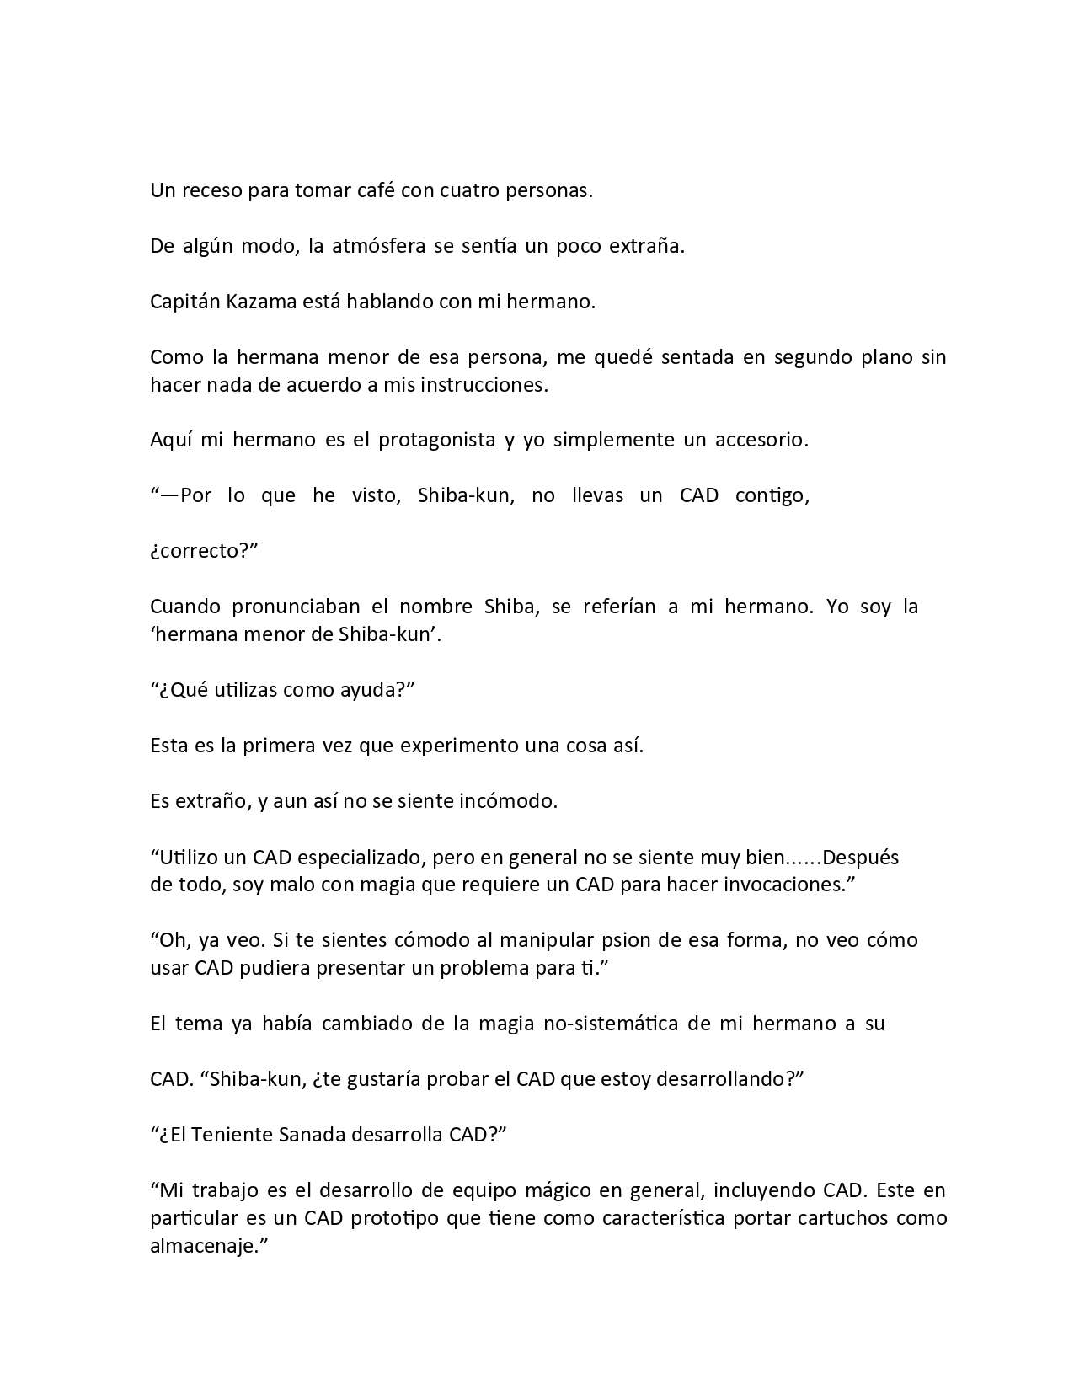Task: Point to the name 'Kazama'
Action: [x=262, y=302]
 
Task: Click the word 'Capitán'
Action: [x=184, y=302]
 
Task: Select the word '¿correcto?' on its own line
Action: [x=203, y=551]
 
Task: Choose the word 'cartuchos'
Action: [x=845, y=1218]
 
